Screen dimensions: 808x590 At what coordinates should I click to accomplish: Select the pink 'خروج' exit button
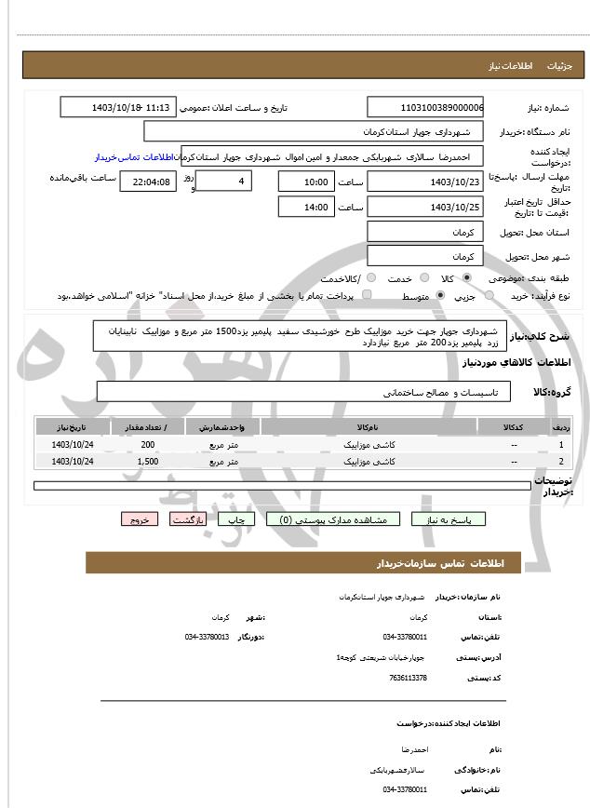click(x=140, y=519)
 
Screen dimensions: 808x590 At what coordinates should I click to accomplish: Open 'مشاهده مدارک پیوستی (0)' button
click(x=334, y=519)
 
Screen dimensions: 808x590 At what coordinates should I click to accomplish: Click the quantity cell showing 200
click(x=148, y=445)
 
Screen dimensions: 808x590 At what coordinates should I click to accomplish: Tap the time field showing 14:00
click(x=306, y=206)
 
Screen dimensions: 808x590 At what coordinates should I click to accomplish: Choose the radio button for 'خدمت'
click(x=423, y=278)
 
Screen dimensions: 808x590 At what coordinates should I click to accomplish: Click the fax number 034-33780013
click(x=207, y=637)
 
